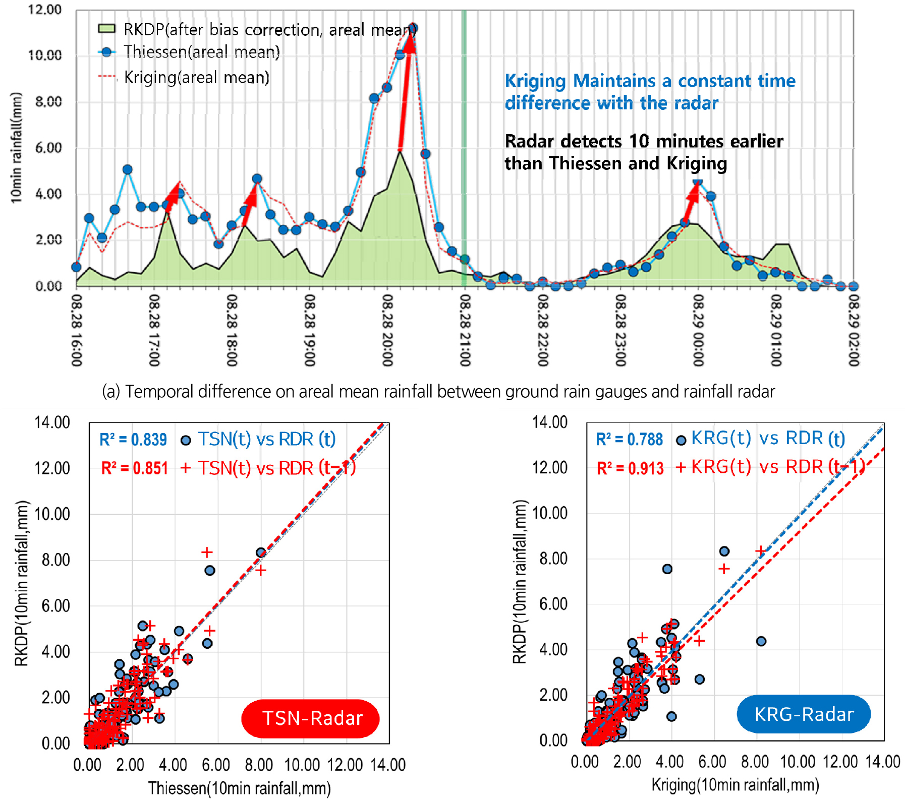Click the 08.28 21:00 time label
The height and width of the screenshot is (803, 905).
(x=465, y=331)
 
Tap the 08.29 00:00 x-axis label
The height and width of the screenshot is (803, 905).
(x=698, y=331)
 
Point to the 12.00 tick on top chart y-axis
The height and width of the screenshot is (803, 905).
(x=44, y=10)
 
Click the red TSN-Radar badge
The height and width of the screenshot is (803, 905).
(x=311, y=718)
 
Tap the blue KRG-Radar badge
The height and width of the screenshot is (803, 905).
(x=804, y=714)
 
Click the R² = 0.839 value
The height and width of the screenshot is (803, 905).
(x=133, y=440)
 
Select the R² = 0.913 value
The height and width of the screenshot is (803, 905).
(x=630, y=468)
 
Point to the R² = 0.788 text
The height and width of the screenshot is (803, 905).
(x=630, y=440)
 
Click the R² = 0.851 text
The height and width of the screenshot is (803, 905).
(x=134, y=468)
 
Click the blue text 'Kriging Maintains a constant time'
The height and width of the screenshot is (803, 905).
(x=650, y=81)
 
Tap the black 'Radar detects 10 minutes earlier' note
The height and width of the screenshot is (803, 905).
(x=644, y=141)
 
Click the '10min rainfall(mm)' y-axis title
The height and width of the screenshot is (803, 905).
(x=17, y=148)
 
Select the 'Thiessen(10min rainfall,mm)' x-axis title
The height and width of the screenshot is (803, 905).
(x=239, y=788)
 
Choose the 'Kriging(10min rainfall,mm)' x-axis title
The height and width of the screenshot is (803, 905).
(x=735, y=784)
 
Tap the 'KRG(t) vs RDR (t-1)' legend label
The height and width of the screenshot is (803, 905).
(x=777, y=467)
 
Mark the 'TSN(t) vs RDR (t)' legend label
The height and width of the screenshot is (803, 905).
(x=266, y=439)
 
